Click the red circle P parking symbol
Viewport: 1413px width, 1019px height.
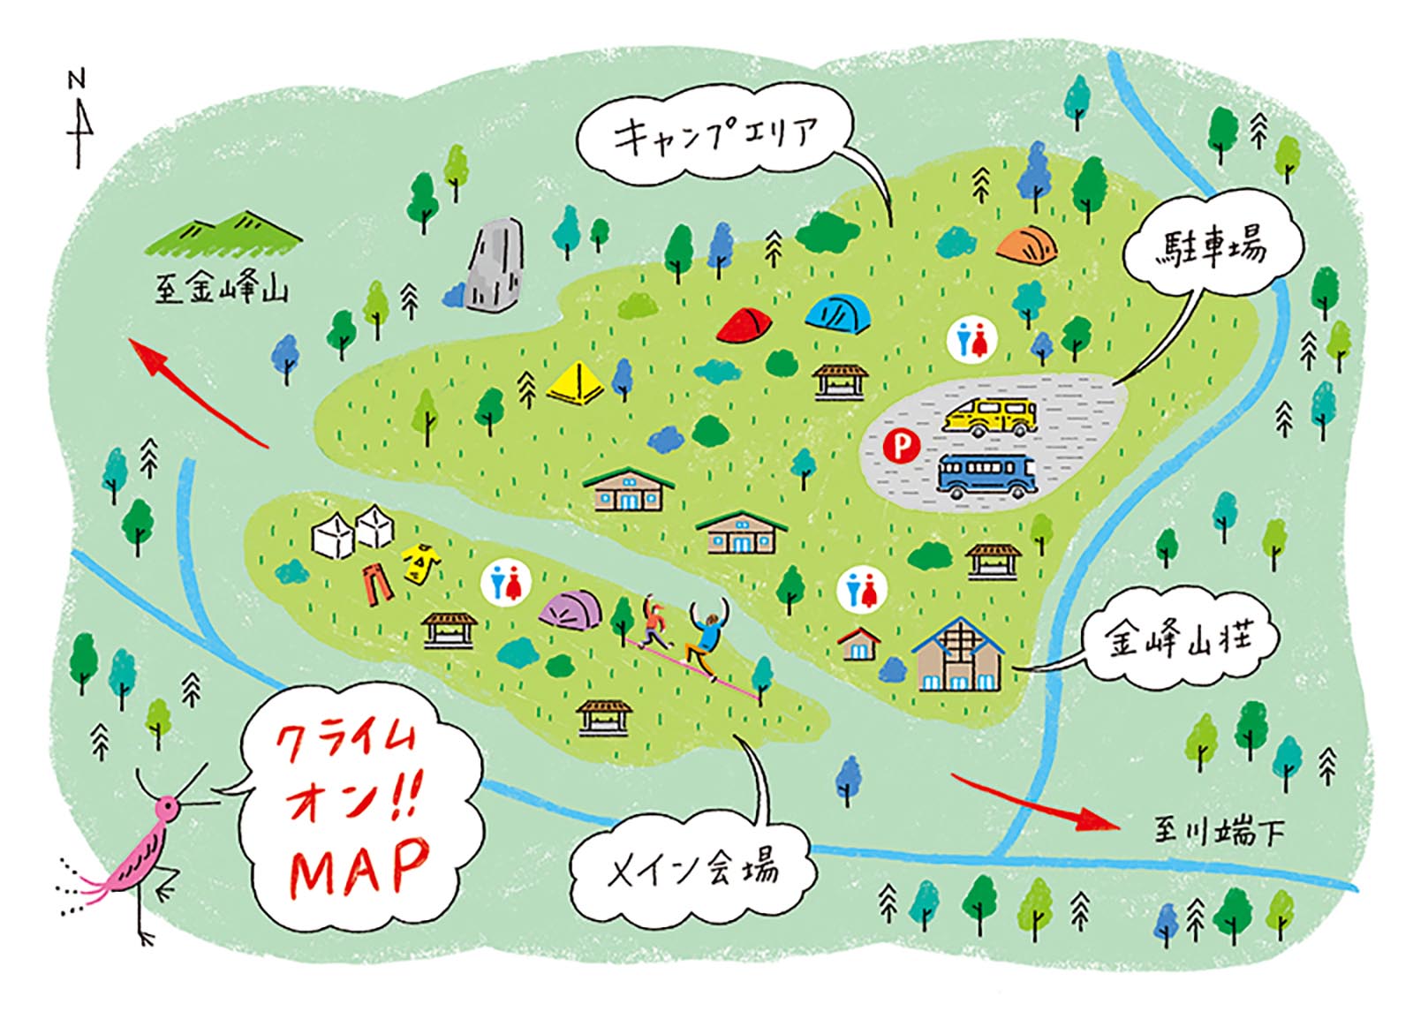pyautogui.click(x=902, y=446)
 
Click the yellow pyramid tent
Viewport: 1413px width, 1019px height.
pyautogui.click(x=576, y=383)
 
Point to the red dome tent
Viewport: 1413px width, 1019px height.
pyautogui.click(x=744, y=325)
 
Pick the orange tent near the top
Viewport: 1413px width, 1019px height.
pyautogui.click(x=1028, y=245)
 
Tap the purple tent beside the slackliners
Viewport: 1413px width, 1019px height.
pyautogui.click(x=570, y=609)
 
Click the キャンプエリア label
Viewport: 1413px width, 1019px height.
pyautogui.click(x=715, y=137)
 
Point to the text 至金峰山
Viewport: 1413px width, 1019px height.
pyautogui.click(x=222, y=289)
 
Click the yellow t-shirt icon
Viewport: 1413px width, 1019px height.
pyautogui.click(x=421, y=563)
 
